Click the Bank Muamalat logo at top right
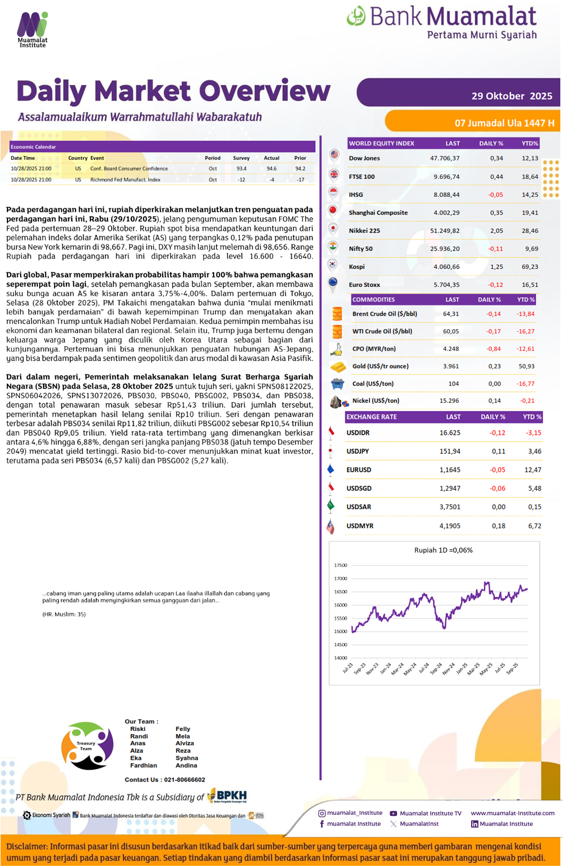point(442,22)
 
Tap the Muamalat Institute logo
point(32,30)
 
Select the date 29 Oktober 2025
point(511,96)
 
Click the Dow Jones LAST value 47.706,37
point(444,158)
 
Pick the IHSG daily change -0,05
point(495,195)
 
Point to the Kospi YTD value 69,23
point(530,267)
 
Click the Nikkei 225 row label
point(364,231)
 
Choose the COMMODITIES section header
point(374,300)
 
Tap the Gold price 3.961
point(451,366)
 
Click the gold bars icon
point(338,367)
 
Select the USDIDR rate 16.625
point(450,433)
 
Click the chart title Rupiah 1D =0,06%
point(443,551)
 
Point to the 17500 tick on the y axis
point(340,565)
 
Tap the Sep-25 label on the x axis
point(512,668)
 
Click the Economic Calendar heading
point(33,147)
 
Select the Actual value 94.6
point(271,169)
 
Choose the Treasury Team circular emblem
point(87,745)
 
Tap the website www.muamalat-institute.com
point(512,813)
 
